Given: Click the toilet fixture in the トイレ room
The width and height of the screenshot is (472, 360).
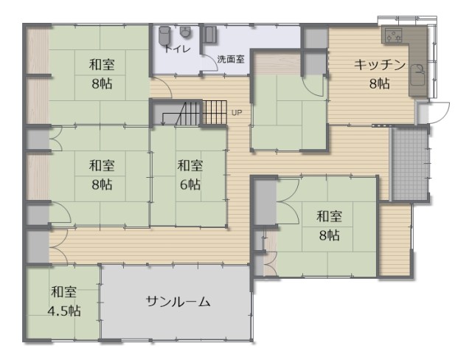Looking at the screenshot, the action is (x=164, y=36).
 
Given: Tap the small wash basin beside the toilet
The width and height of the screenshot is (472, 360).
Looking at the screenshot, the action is (x=185, y=32).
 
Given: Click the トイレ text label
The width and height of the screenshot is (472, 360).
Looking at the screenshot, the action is (x=177, y=49).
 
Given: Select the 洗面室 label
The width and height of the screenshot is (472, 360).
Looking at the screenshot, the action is (x=231, y=59).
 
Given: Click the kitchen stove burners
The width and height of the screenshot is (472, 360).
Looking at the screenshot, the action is (x=394, y=35).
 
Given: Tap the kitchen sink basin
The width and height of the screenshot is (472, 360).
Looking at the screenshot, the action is (x=418, y=75).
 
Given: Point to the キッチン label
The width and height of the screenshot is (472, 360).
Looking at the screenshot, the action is (x=379, y=65).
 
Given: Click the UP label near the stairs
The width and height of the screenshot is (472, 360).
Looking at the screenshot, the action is (x=237, y=113).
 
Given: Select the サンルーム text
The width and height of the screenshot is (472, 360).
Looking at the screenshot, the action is (x=178, y=301).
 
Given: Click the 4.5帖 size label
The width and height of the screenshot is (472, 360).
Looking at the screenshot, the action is (x=64, y=311).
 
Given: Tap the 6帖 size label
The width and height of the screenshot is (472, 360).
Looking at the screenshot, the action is (x=190, y=184).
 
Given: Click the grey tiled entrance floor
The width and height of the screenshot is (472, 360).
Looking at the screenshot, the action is (x=410, y=164).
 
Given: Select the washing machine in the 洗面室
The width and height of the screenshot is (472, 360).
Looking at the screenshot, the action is (x=209, y=35).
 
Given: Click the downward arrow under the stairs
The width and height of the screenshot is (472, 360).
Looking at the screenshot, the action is (x=163, y=119).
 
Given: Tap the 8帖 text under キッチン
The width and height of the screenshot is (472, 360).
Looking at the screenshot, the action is (x=379, y=83).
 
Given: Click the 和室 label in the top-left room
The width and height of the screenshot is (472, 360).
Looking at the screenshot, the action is (x=102, y=65).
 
